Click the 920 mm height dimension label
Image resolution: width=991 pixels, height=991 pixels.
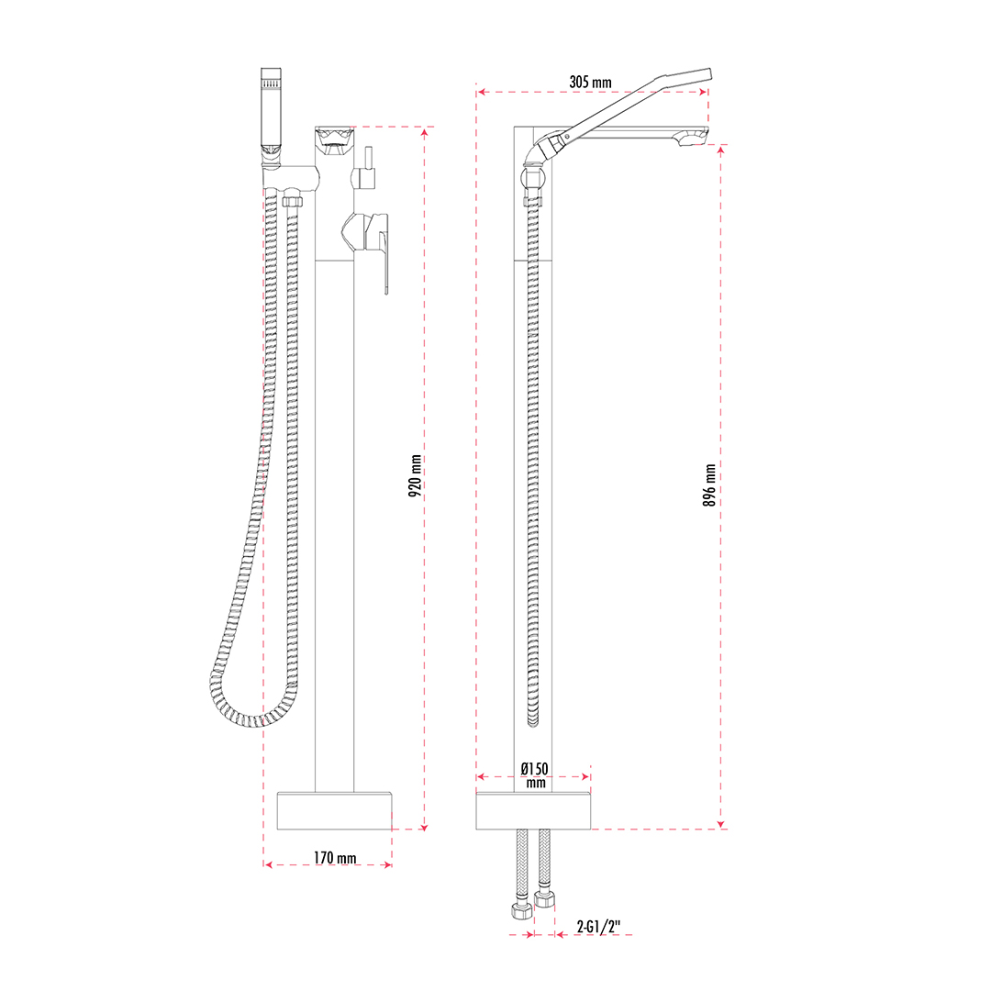tap(416, 476)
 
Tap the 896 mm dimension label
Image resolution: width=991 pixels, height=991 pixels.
tap(709, 485)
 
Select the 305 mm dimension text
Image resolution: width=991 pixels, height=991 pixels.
tap(590, 83)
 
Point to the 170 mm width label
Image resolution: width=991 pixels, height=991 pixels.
tap(335, 858)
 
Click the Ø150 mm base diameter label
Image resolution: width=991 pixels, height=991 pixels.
tap(535, 775)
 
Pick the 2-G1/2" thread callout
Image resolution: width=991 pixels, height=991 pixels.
tap(598, 927)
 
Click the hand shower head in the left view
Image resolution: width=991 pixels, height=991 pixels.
tap(271, 114)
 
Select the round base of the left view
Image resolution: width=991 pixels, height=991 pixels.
tap(334, 811)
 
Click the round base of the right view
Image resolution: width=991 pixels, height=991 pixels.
tap(533, 811)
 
